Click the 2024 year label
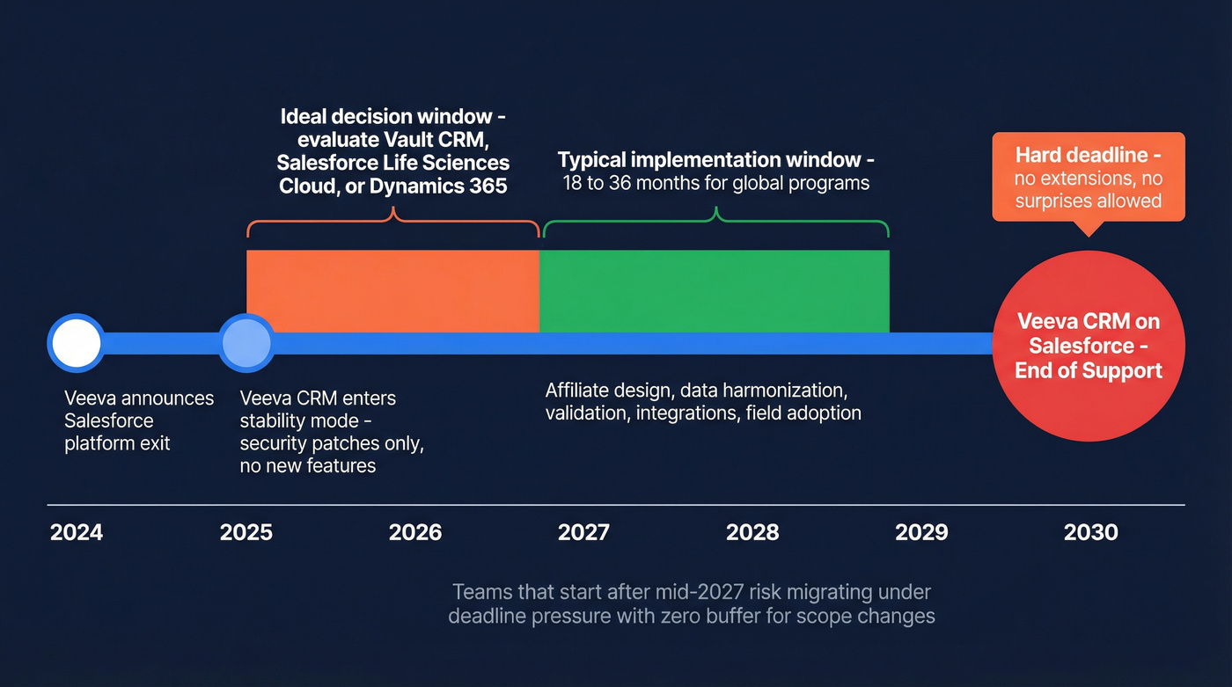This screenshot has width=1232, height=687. (77, 532)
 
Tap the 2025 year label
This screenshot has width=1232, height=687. (246, 532)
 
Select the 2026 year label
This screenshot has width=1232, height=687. (415, 532)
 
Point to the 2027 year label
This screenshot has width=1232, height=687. (583, 532)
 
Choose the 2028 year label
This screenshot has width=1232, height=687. (752, 532)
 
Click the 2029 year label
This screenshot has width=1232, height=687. (921, 532)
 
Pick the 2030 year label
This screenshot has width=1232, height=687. (1090, 532)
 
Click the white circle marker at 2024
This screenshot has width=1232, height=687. (76, 343)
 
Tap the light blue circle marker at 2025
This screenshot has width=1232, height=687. (246, 343)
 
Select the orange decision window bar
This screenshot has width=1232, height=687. (392, 290)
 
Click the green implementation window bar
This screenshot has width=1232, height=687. (714, 290)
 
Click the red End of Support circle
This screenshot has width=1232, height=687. (1089, 346)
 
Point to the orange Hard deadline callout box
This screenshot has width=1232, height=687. (1089, 177)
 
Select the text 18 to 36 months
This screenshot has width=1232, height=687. (633, 184)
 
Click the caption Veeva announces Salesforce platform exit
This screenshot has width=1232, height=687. (138, 420)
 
